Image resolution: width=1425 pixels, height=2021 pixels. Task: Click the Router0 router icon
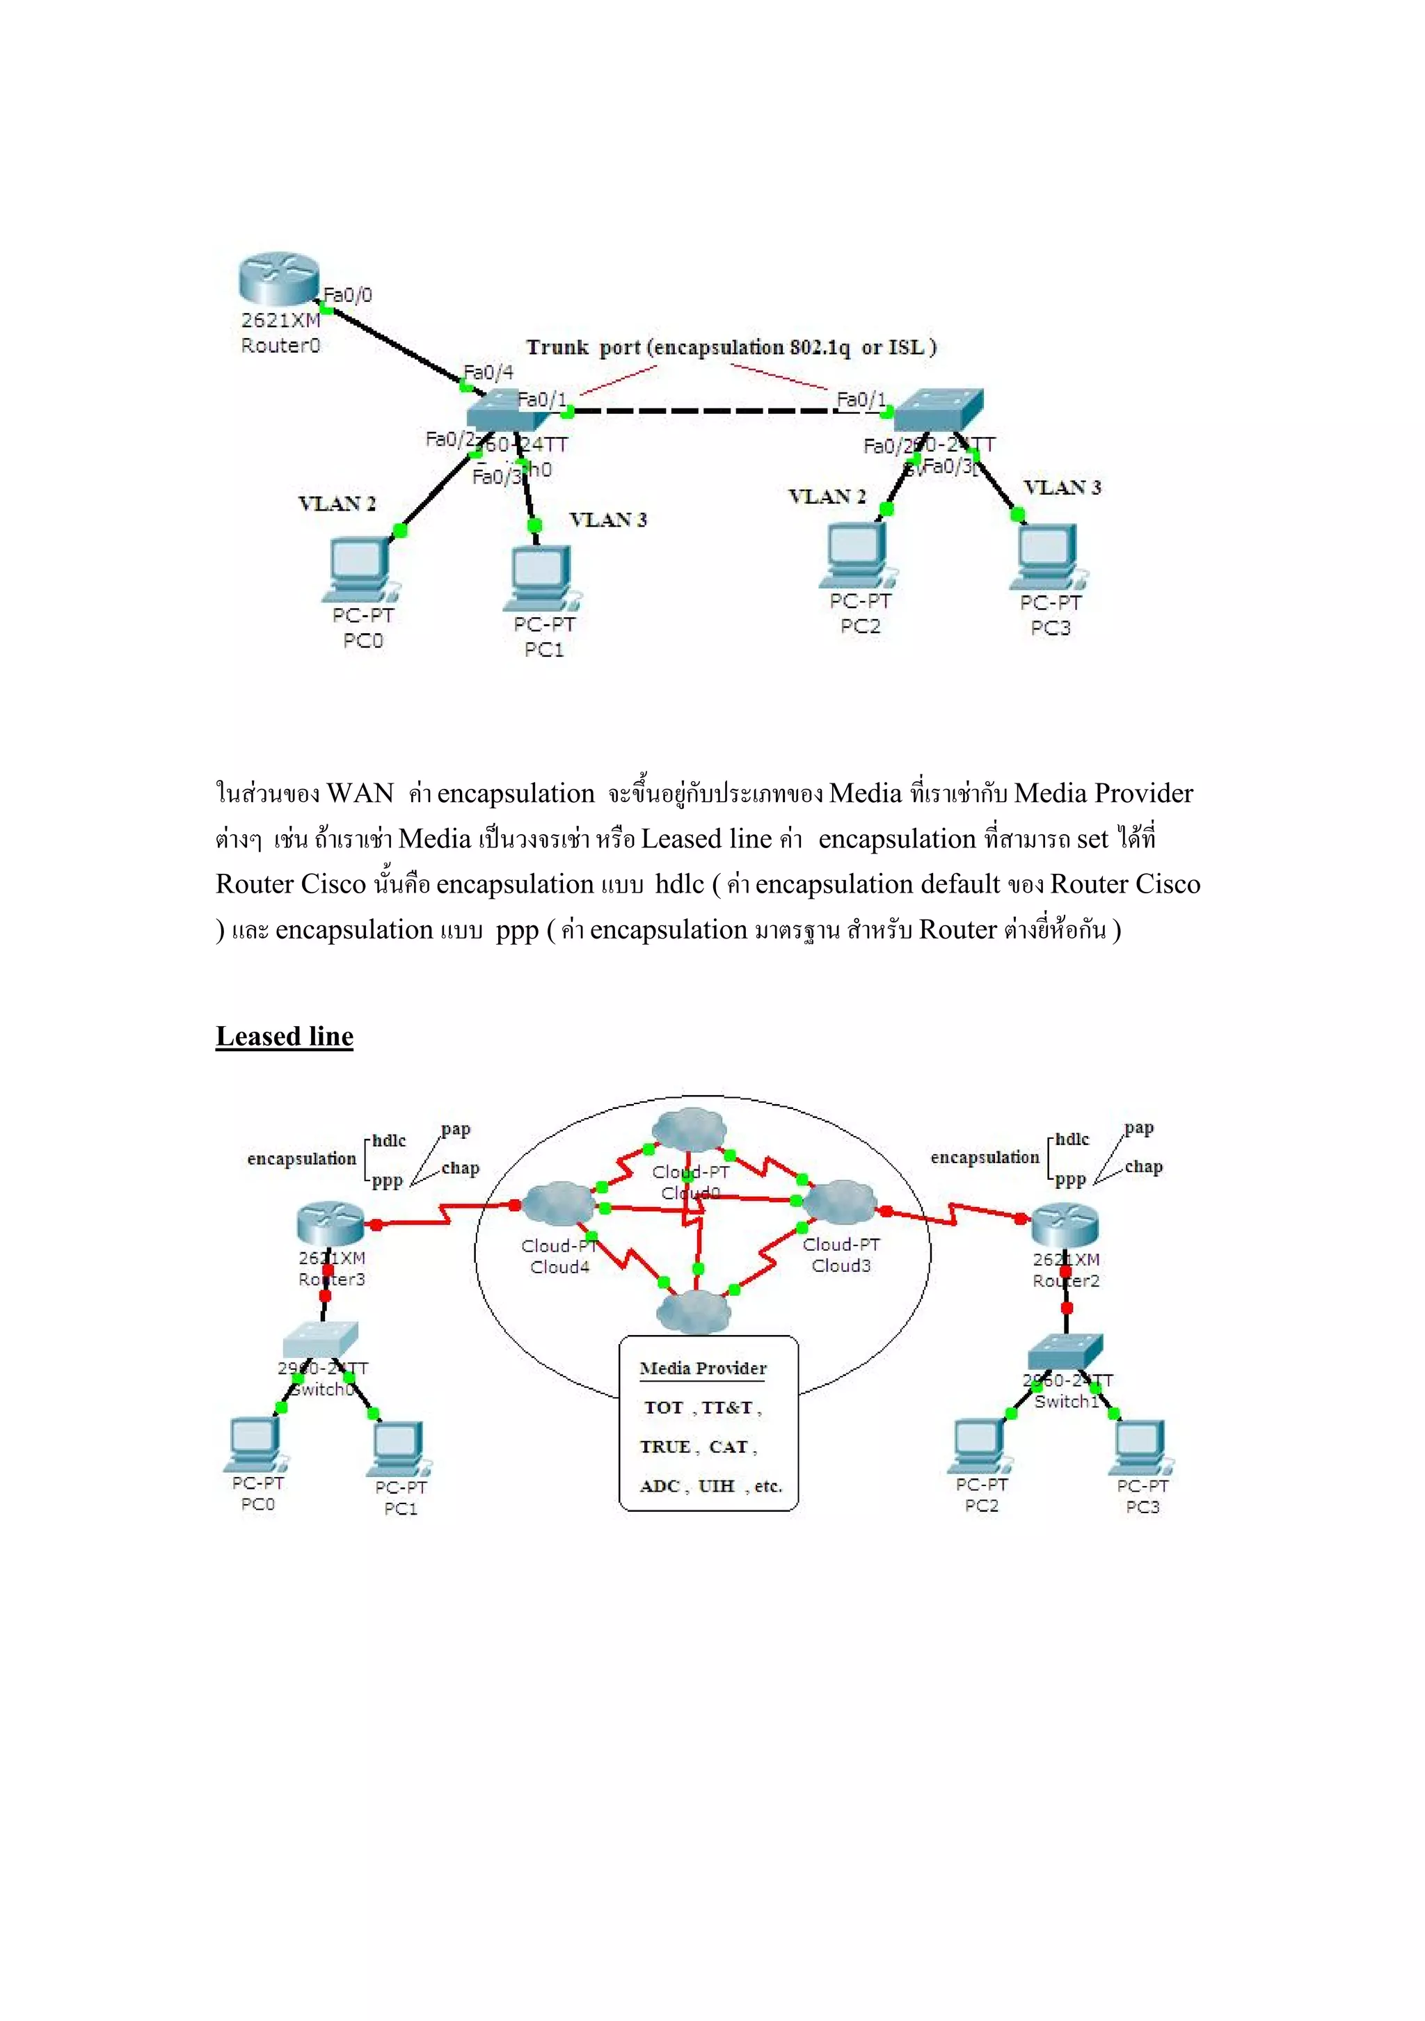276,279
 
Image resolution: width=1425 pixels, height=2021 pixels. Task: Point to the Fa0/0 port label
349,295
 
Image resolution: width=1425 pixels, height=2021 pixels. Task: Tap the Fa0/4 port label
488,372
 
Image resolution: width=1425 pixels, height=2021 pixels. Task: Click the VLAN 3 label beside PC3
1062,487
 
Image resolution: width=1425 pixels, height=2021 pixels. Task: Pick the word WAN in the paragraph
359,793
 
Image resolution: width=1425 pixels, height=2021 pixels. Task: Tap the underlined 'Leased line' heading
285,1036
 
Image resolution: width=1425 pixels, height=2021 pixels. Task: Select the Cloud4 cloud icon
558,1204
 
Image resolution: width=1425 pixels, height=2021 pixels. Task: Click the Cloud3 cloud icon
840,1202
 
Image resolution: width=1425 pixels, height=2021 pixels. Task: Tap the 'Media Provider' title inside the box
702,1368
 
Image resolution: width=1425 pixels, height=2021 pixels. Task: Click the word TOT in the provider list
664,1407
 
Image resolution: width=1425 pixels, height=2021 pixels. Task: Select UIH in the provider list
715,1486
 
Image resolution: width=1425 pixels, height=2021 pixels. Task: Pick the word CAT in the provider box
728,1447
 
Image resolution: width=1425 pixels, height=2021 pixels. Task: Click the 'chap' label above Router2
1143,1166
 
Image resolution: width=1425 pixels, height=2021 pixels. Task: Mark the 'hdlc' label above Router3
388,1141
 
